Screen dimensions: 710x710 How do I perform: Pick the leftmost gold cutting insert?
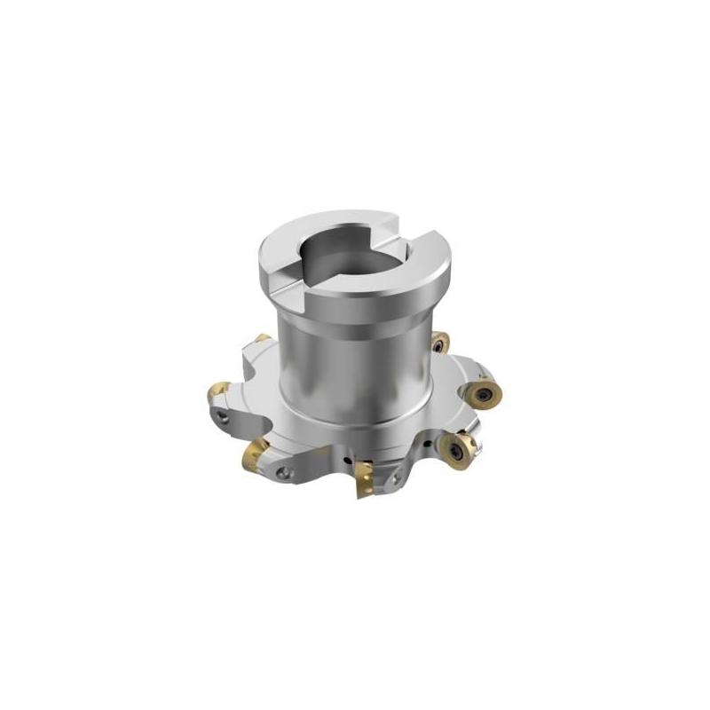point(217,391)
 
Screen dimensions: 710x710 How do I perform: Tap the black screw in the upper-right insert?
point(439,342)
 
